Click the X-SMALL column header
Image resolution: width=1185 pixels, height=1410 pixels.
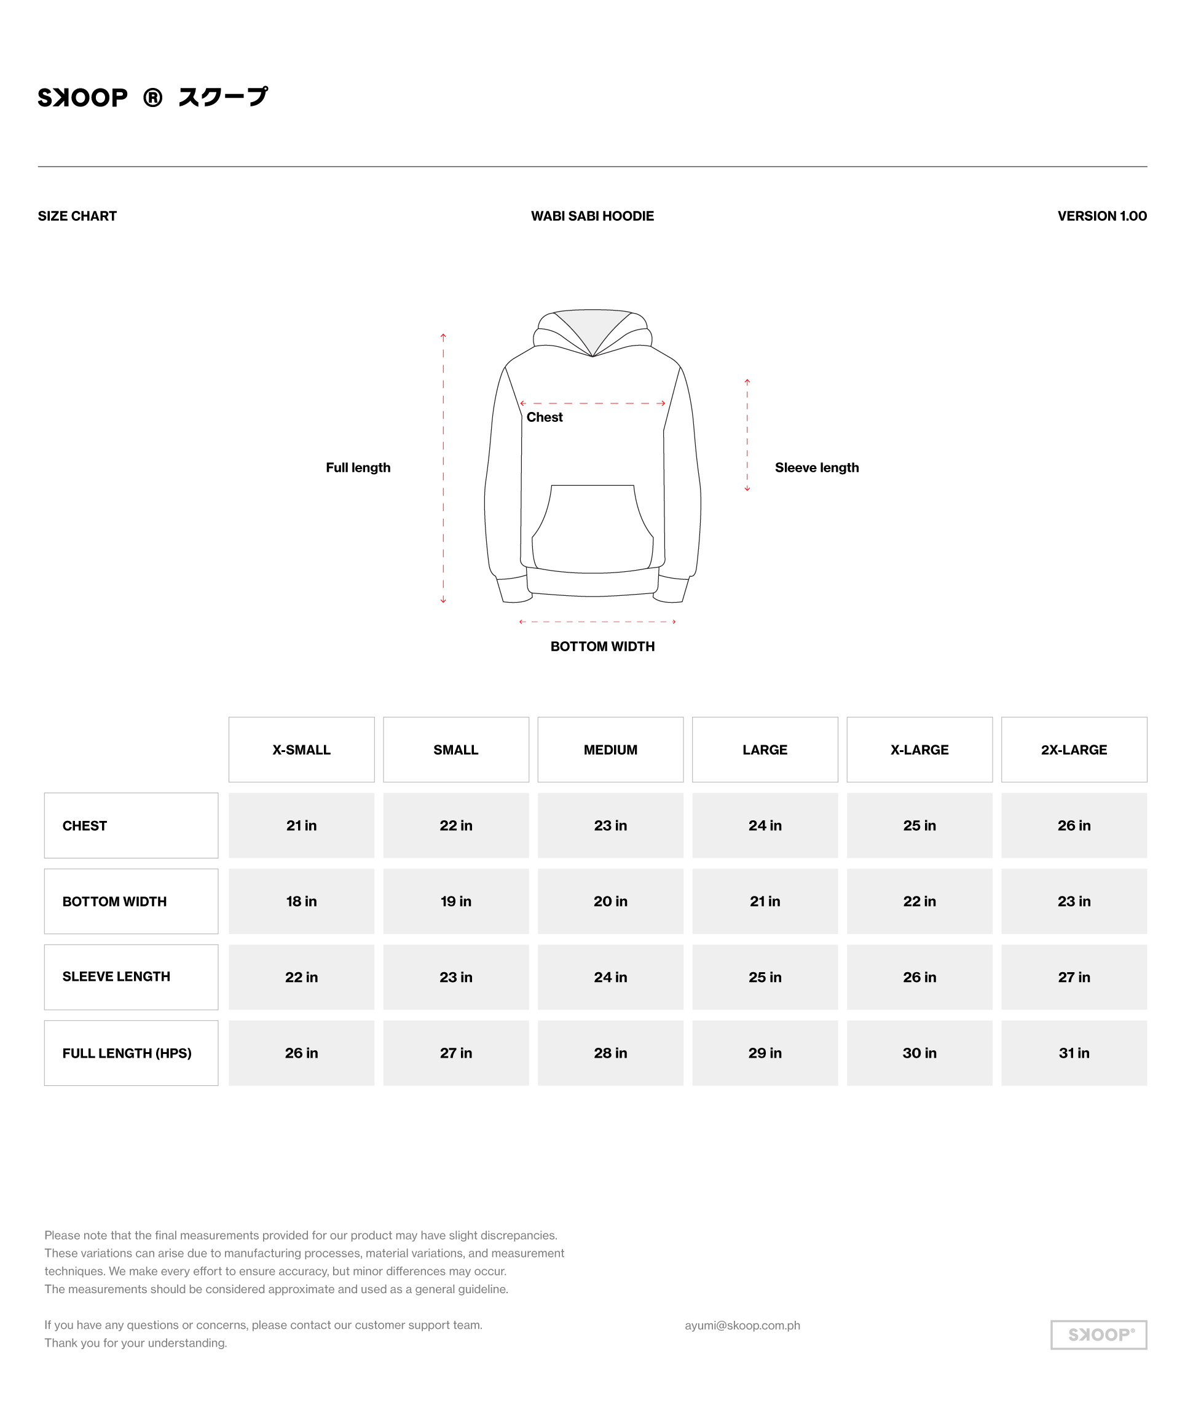click(x=301, y=750)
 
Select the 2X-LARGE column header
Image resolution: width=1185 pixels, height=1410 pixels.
click(x=1074, y=750)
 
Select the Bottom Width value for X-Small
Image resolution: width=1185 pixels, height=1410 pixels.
click(x=301, y=901)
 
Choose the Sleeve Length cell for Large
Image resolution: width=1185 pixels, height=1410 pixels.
click(x=765, y=977)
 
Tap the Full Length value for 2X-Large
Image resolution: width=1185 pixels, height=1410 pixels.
click(x=1074, y=1053)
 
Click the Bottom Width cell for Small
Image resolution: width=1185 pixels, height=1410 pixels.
click(x=455, y=901)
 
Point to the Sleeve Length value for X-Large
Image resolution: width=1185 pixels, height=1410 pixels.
click(x=919, y=977)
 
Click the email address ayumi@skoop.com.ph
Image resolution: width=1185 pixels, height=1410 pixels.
click(x=742, y=1325)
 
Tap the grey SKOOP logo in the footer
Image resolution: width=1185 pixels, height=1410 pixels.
click(x=1098, y=1335)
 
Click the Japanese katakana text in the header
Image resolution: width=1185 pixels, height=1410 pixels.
click(x=223, y=97)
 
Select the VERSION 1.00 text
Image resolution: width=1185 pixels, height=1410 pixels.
click(x=1101, y=216)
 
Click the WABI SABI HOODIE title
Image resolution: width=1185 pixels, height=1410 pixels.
click(x=592, y=216)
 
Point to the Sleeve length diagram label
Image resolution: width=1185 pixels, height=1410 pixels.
click(x=816, y=468)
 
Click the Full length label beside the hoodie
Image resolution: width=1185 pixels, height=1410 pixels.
click(x=358, y=468)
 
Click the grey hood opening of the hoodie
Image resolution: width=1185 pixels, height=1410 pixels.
click(x=592, y=326)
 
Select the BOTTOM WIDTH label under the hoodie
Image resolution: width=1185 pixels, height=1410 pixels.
click(x=602, y=646)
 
